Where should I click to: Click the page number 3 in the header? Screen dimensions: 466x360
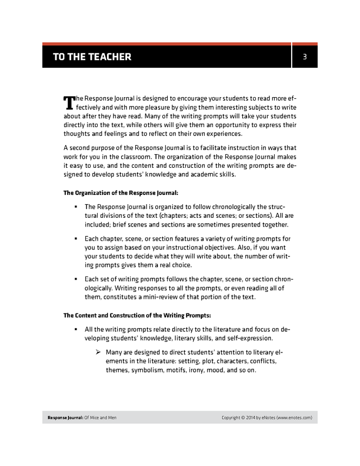pyautogui.click(x=305, y=56)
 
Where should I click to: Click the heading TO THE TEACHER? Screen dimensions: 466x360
pyautogui.click(x=92, y=56)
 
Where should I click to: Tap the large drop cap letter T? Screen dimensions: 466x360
pyautogui.click(x=69, y=103)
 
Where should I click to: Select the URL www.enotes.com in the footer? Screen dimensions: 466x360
pyautogui.click(x=293, y=418)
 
